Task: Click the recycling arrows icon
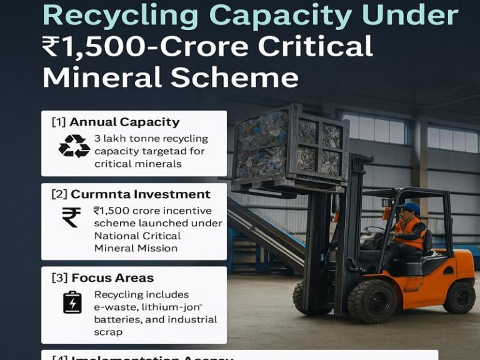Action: coord(74,146)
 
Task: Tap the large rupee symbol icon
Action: coord(71,217)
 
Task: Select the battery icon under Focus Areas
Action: coord(72,302)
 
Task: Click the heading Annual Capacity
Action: coord(124,122)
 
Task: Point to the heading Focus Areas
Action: coord(112,277)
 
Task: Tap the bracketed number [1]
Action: coord(59,122)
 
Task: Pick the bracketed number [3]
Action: coord(59,277)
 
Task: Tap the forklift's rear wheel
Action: coord(459,296)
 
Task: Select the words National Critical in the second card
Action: coord(137,236)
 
